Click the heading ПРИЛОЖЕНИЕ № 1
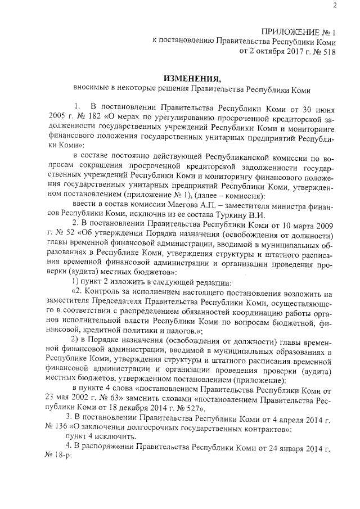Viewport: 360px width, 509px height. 299,31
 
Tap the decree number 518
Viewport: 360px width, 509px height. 327,51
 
